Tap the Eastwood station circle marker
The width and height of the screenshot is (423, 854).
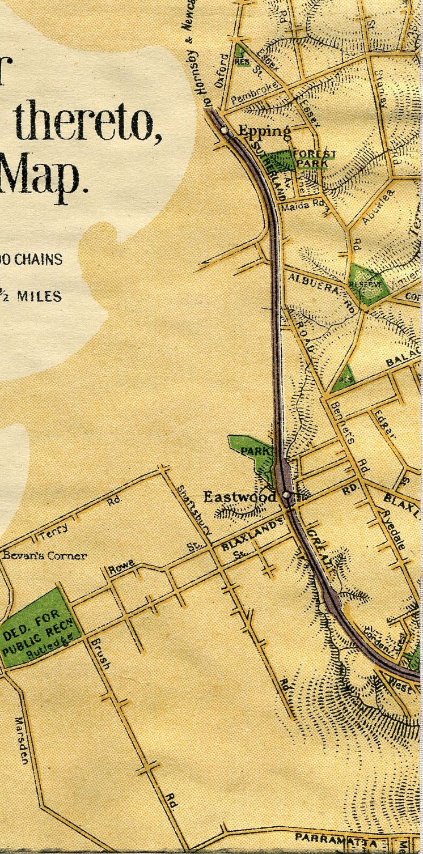coord(286,495)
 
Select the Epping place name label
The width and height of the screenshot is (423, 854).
coord(264,131)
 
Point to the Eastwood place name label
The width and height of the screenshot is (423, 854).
coord(240,498)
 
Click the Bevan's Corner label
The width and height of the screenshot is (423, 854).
coord(45,555)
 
